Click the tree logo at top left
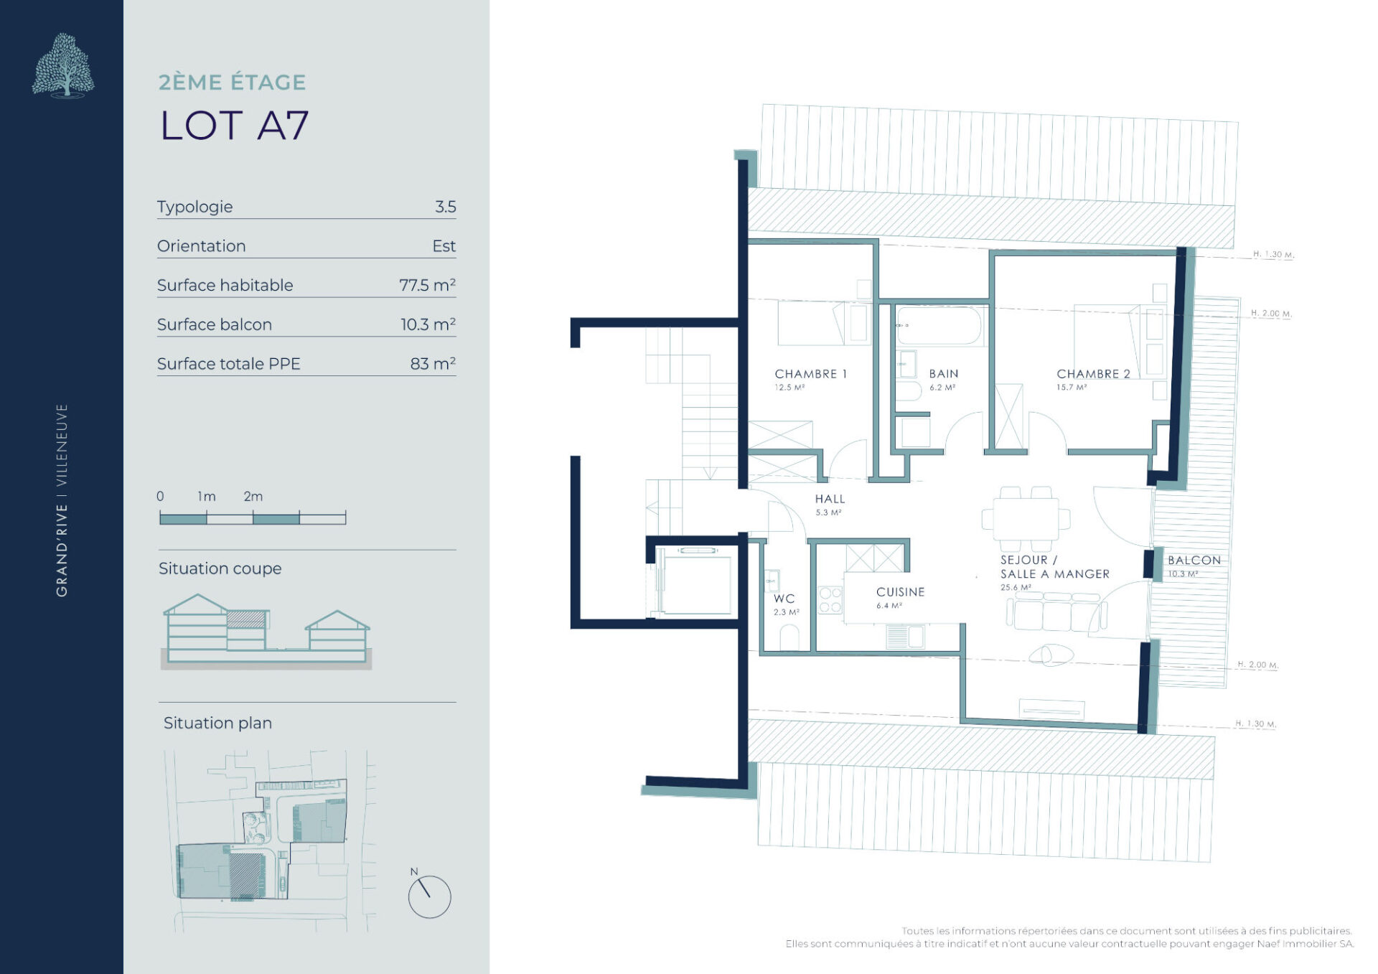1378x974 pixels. click(x=63, y=65)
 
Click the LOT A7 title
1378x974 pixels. click(x=234, y=126)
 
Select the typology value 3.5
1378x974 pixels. click(x=445, y=207)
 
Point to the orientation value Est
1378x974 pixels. click(x=444, y=246)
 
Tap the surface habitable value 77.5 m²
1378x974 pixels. click(x=427, y=285)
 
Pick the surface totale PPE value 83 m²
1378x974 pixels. click(x=433, y=364)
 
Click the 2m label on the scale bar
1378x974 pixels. click(x=253, y=496)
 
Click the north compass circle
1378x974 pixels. click(x=429, y=896)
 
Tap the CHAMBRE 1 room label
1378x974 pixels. click(x=810, y=374)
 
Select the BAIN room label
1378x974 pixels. click(x=943, y=374)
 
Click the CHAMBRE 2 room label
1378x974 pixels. click(x=1093, y=374)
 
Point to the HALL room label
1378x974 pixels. click(x=830, y=499)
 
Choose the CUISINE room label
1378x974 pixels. click(x=900, y=592)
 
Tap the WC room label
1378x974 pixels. click(x=784, y=599)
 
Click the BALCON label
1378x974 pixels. click(x=1194, y=560)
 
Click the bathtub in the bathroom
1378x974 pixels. click(x=939, y=326)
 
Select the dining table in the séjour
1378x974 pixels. click(x=1026, y=518)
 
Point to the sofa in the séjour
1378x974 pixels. click(x=1056, y=612)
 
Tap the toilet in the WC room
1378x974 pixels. click(x=789, y=638)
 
